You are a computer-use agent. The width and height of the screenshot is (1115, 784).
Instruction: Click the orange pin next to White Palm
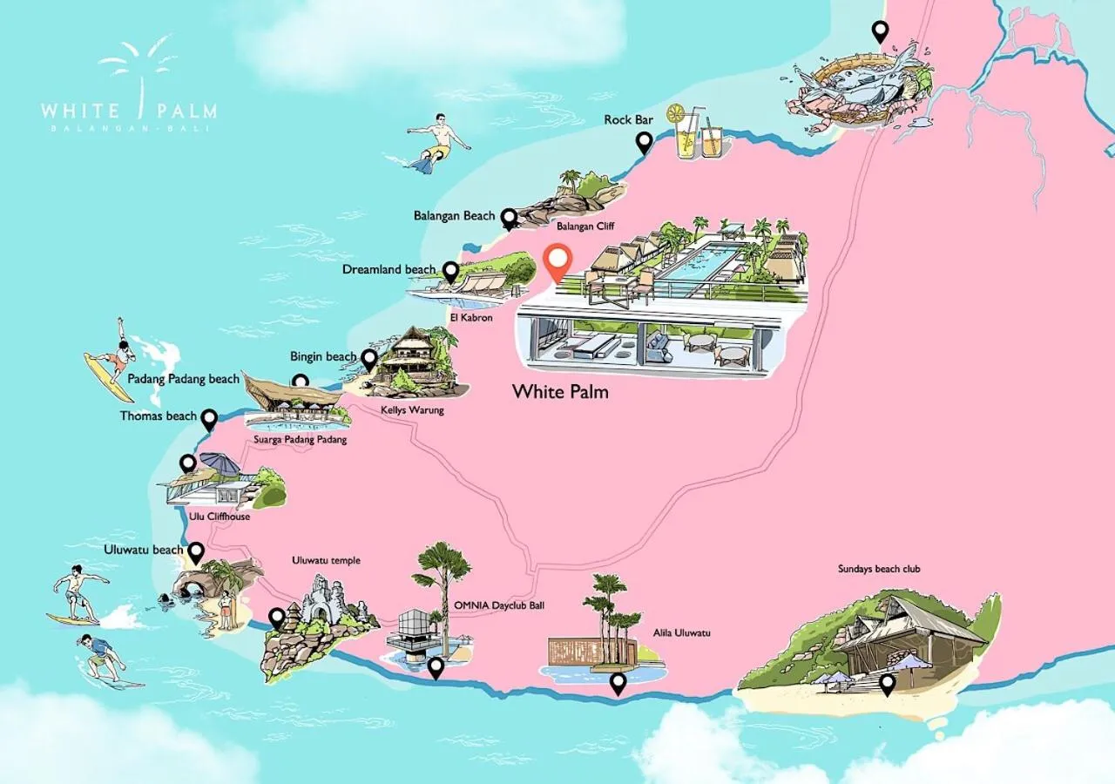click(x=557, y=260)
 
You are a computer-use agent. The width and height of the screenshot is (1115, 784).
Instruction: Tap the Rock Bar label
click(x=629, y=120)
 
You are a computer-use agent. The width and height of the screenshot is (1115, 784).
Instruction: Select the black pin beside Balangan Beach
click(x=508, y=218)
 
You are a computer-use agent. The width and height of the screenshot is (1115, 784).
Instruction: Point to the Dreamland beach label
click(x=389, y=270)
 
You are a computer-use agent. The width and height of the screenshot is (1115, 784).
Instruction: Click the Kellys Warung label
click(x=412, y=409)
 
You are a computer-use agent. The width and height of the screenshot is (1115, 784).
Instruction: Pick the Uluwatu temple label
click(x=327, y=561)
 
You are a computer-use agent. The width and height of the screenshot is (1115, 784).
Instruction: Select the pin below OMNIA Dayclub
click(x=436, y=667)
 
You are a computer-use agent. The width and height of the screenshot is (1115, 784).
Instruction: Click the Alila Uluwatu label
click(x=682, y=632)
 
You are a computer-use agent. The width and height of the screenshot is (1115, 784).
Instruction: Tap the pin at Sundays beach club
click(x=887, y=685)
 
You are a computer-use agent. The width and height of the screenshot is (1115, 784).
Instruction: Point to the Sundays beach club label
click(x=879, y=570)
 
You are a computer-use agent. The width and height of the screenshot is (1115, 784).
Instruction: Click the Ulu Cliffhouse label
click(x=220, y=517)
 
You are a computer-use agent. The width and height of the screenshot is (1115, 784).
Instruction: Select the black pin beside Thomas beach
click(x=209, y=420)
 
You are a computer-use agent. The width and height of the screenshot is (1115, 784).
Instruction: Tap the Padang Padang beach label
click(x=183, y=380)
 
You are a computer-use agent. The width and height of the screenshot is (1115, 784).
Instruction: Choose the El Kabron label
click(x=471, y=318)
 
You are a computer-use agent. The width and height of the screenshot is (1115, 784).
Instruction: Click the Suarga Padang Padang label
click(x=301, y=440)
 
